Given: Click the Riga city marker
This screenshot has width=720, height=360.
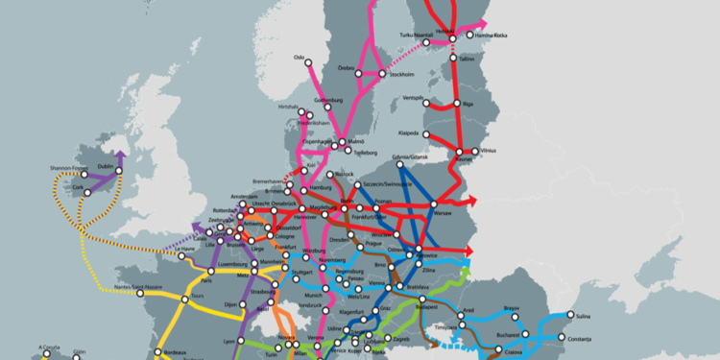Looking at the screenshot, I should [x=455, y=105].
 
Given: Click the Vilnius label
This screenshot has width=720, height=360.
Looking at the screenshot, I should [x=490, y=150].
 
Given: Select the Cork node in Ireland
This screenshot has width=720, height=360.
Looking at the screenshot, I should [x=87, y=192].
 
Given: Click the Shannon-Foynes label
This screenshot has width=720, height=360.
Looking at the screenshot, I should [x=68, y=169].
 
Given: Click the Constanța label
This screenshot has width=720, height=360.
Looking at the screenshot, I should [x=582, y=339].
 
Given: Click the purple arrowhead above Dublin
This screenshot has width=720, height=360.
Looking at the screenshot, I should [x=120, y=154].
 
